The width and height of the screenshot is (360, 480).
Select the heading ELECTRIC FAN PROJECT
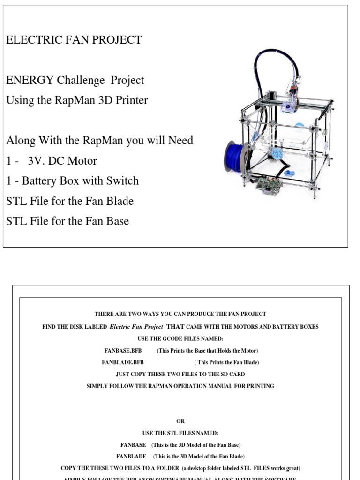coord(74,40)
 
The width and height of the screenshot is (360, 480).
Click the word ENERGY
coord(30,80)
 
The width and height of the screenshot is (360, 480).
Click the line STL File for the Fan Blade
coord(70,201)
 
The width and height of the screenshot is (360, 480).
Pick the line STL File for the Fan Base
coord(67,221)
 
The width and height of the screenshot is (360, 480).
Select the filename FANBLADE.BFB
coord(123,362)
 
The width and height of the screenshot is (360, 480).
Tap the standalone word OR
coord(180,421)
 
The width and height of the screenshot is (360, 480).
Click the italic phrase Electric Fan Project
coord(136,327)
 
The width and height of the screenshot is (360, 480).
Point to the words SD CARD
coord(231,374)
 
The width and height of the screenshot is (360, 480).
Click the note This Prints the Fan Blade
coord(226,362)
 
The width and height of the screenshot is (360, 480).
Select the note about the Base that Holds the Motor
coord(207,351)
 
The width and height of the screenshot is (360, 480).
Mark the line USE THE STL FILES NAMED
coord(180,433)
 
